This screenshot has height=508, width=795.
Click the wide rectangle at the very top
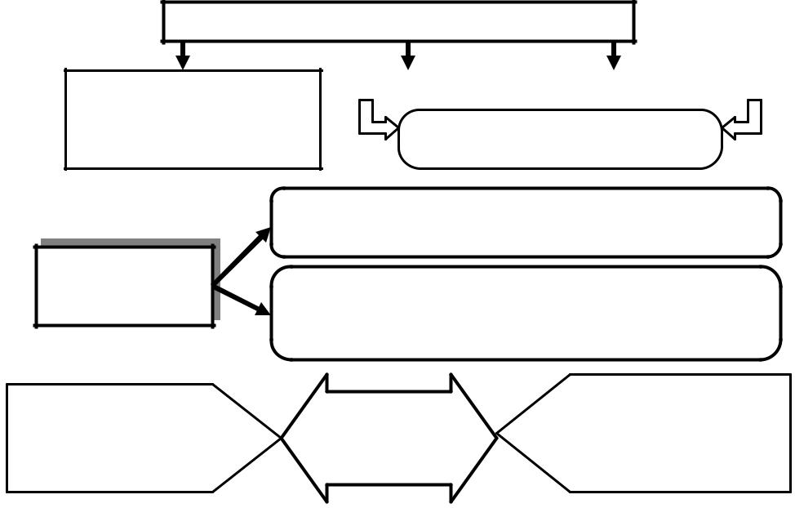(398, 21)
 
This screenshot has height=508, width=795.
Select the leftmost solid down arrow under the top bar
(183, 56)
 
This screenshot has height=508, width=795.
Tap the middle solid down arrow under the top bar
(408, 56)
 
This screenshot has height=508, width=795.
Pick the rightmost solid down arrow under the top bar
(614, 56)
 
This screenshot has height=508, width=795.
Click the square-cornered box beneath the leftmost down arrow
(193, 119)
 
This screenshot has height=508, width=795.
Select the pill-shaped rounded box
(560, 139)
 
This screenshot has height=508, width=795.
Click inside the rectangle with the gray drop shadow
(124, 286)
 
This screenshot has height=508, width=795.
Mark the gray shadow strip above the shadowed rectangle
(131, 242)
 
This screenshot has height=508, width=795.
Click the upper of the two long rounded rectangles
(526, 222)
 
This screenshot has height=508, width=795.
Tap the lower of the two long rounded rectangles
(526, 313)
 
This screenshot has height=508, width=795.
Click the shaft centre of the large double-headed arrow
(389, 438)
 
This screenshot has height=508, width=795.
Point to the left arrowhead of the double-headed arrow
(306, 438)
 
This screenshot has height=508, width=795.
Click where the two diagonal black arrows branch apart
(215, 285)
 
